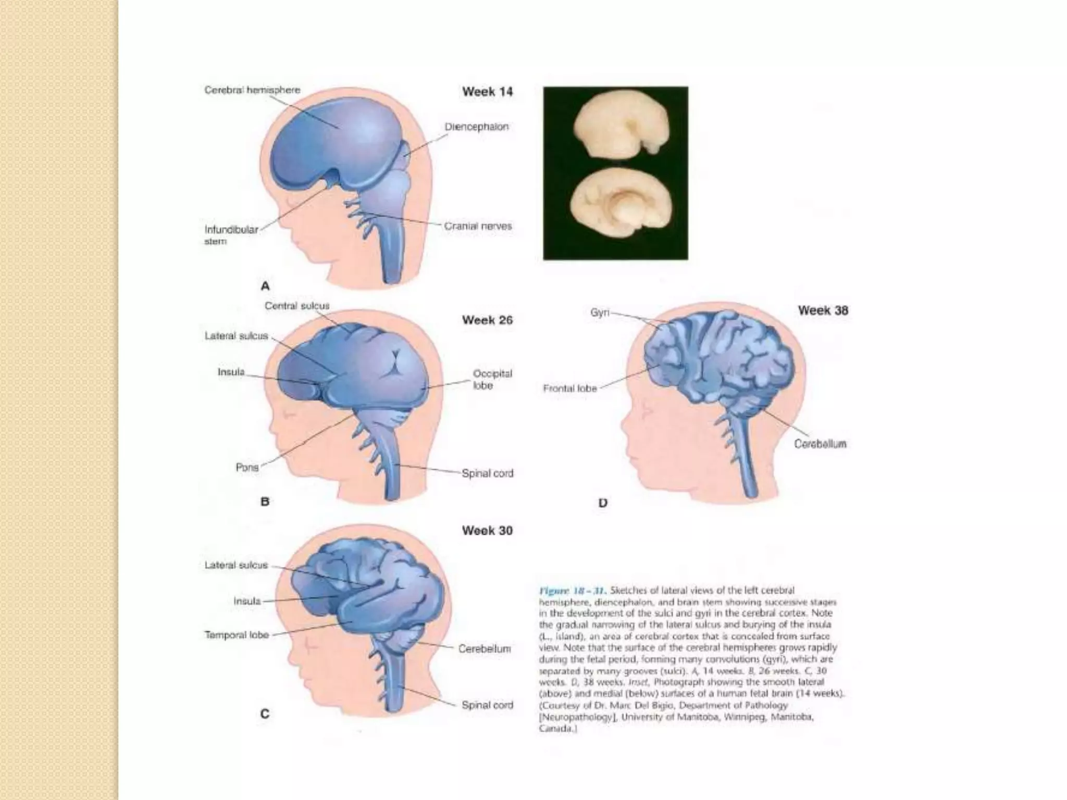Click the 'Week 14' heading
(487, 92)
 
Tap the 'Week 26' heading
(487, 320)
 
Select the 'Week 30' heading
(487, 531)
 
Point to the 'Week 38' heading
(823, 310)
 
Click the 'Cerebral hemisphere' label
(252, 90)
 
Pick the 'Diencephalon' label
(476, 127)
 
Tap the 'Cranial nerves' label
(478, 226)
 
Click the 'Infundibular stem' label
(231, 235)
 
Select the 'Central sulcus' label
(297, 306)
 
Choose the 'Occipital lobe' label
(492, 379)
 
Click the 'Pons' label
(247, 467)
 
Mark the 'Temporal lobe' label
(237, 635)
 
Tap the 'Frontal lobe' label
(569, 389)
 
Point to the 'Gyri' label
(600, 312)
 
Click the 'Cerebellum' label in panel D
(820, 444)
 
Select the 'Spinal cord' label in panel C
(487, 705)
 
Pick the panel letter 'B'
(265, 502)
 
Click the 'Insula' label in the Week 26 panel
(231, 372)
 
